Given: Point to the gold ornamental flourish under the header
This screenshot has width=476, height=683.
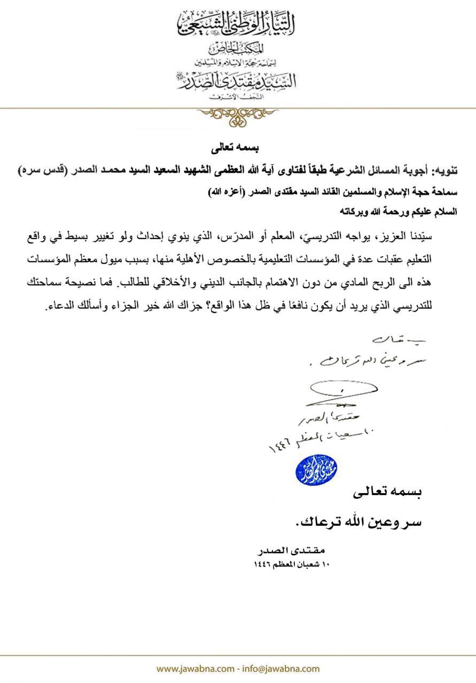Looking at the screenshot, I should [x=238, y=115].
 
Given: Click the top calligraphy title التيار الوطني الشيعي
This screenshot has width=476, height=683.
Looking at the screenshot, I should [x=238, y=23].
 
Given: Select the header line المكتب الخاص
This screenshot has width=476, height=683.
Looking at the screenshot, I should [x=238, y=49].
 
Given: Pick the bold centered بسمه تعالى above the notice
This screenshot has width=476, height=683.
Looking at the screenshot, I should [x=238, y=145].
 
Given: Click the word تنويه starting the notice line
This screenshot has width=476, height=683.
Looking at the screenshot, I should [x=444, y=171].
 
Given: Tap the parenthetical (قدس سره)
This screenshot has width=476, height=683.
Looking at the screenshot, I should [x=40, y=171].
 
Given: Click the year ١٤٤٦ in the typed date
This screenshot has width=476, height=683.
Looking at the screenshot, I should [x=267, y=563].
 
